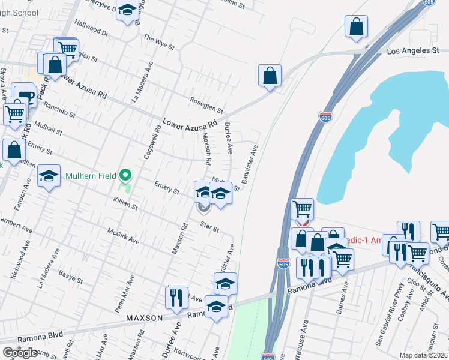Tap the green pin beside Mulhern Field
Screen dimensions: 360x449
tap(125, 176)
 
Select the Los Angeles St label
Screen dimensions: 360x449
tap(413, 51)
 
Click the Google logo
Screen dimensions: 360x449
tap(20, 352)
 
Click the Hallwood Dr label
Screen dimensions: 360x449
tap(91, 31)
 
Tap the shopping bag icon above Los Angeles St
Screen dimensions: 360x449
tap(357, 26)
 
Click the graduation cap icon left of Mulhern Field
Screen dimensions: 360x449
tap(49, 176)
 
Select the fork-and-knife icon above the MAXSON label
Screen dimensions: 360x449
tap(176, 298)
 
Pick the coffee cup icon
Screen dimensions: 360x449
tap(26, 95)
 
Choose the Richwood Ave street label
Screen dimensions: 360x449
tap(18, 260)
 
